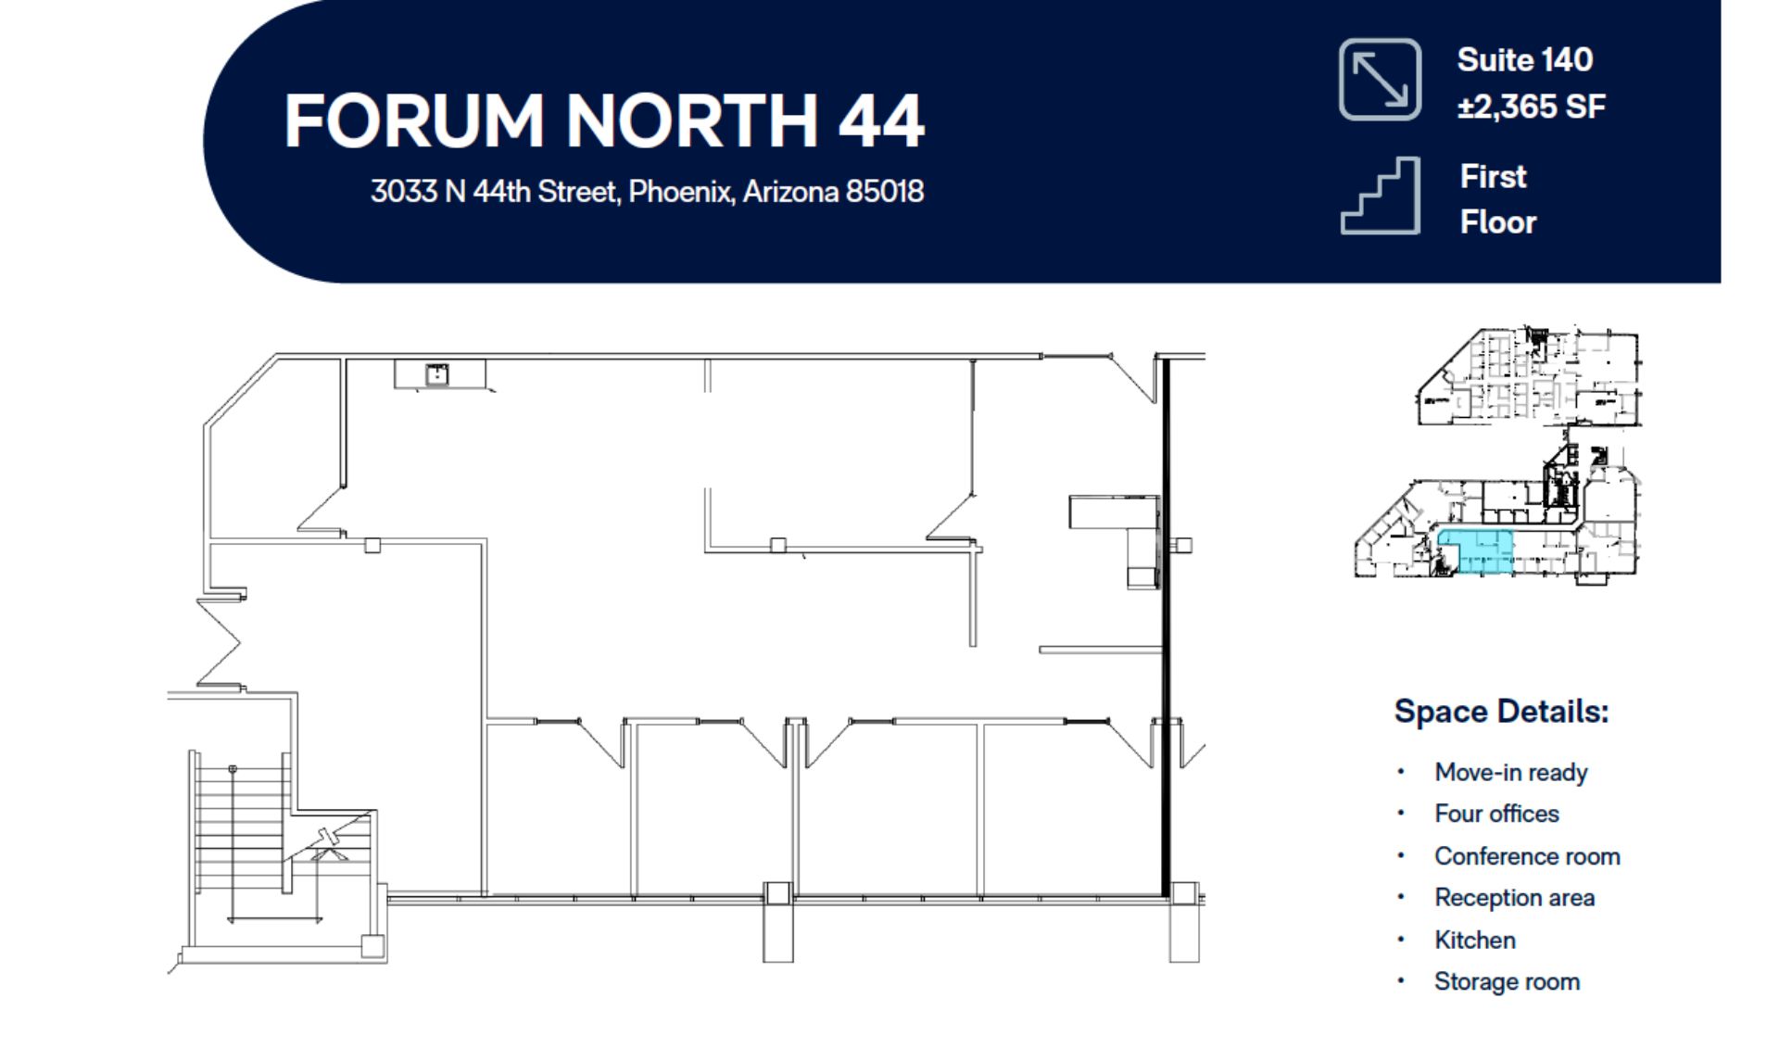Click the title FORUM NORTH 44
pyautogui.click(x=604, y=120)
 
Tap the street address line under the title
pyautogui.click(x=647, y=192)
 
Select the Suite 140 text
pyautogui.click(x=1524, y=60)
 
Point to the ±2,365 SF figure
pyautogui.click(x=1531, y=107)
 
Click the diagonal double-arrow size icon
pyautogui.click(x=1380, y=80)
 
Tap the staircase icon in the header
pyautogui.click(x=1380, y=196)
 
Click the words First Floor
pyautogui.click(x=1497, y=199)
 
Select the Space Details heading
pyautogui.click(x=1501, y=712)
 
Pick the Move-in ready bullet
pyautogui.click(x=1510, y=772)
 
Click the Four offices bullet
pyautogui.click(x=1496, y=814)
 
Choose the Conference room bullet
pyautogui.click(x=1527, y=856)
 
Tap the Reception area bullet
pyautogui.click(x=1514, y=898)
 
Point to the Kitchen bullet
pyautogui.click(x=1474, y=940)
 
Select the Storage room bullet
pyautogui.click(x=1507, y=981)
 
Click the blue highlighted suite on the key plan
pyautogui.click(x=1475, y=552)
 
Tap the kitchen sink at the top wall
pyautogui.click(x=436, y=374)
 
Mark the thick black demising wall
pyautogui.click(x=1166, y=627)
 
